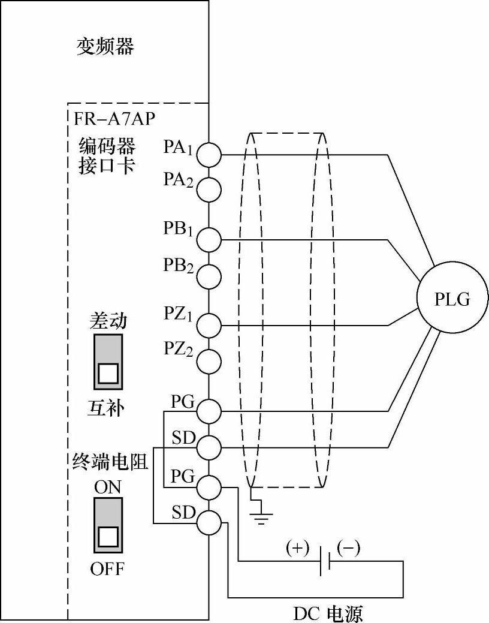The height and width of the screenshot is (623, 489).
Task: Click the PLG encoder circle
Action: tap(452, 298)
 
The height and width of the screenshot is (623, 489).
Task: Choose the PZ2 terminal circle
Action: tap(210, 360)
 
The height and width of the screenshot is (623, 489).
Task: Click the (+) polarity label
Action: tap(297, 547)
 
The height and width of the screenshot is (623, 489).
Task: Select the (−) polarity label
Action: tap(348, 547)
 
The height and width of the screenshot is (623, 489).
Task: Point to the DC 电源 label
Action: tap(328, 613)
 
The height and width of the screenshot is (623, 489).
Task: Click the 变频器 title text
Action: tap(105, 46)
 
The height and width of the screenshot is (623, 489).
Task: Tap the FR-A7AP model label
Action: tap(112, 118)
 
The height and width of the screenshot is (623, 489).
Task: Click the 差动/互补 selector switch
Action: tap(108, 362)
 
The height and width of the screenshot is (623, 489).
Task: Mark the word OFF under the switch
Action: tap(108, 568)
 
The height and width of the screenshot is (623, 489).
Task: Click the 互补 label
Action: tap(107, 409)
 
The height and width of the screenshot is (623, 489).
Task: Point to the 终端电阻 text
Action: tap(107, 462)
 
